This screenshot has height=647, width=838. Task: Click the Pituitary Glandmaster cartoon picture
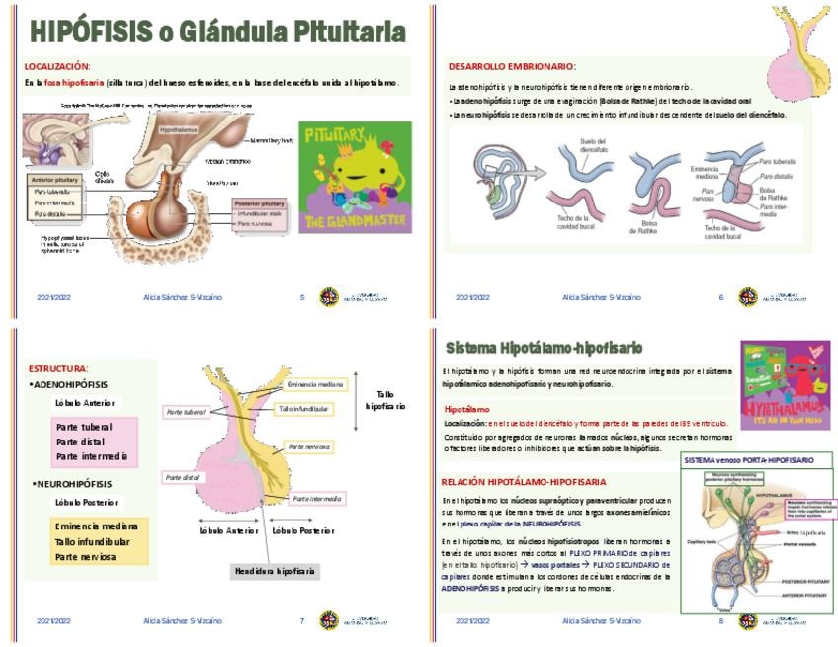[355, 177]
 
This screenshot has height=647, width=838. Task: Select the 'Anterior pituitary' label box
[55, 180]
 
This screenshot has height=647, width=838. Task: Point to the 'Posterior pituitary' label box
[264, 204]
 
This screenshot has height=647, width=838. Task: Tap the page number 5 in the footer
[302, 297]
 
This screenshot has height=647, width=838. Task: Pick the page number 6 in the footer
[721, 297]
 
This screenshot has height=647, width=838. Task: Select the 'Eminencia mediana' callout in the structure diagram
[315, 384]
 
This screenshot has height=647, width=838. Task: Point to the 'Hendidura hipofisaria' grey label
[275, 571]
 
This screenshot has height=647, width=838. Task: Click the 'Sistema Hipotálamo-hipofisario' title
[544, 348]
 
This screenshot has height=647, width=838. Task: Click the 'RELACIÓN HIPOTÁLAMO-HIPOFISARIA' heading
[524, 481]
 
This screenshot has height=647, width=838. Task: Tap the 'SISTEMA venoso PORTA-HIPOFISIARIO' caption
[749, 460]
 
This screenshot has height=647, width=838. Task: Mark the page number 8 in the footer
[721, 621]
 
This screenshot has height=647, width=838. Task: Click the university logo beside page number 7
[329, 620]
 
